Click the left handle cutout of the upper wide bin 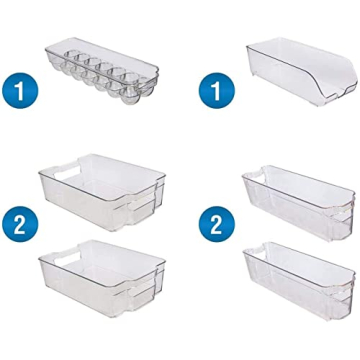click(47, 174)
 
